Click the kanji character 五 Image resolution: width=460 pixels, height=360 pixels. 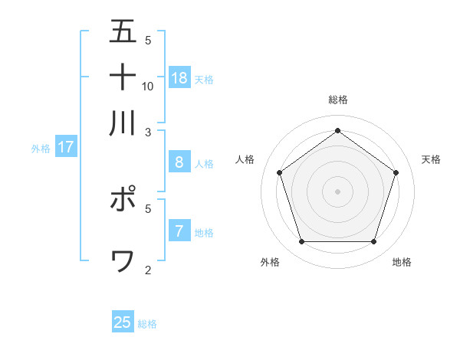point(123,31)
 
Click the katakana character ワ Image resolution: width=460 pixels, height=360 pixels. point(123,261)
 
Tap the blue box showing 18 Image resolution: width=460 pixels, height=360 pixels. point(179,77)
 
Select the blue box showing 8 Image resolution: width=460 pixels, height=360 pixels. point(179,162)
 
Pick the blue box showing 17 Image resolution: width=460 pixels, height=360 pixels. point(66,146)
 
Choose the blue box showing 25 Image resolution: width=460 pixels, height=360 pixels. point(123,322)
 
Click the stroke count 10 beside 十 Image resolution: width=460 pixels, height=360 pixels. point(148,86)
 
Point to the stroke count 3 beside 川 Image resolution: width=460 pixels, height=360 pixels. point(148,132)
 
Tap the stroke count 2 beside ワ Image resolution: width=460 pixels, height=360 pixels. point(148,270)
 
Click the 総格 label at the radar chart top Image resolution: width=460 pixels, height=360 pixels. point(338,100)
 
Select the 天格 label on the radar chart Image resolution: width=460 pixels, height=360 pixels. point(432,159)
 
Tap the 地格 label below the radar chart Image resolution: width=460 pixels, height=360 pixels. point(402,262)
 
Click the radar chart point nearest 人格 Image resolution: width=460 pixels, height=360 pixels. point(280,172)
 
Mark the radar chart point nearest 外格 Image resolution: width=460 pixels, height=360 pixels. point(302,242)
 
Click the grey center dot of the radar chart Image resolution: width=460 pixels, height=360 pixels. point(338,191)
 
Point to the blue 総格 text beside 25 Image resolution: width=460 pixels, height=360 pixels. point(147,324)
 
